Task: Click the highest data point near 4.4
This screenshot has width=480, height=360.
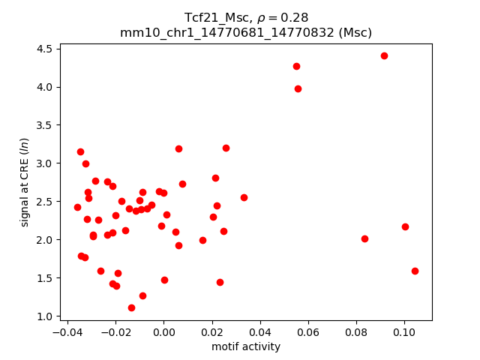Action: (x=384, y=55)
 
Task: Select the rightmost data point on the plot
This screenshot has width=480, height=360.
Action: (x=415, y=271)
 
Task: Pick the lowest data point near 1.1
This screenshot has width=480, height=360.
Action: (x=131, y=307)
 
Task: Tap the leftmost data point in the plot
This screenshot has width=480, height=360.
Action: (x=77, y=207)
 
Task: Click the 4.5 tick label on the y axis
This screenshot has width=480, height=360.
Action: (x=43, y=49)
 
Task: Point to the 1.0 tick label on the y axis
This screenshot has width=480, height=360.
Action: (x=43, y=316)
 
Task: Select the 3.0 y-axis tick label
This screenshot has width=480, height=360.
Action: (x=43, y=163)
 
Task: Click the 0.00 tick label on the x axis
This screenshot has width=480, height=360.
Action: (x=163, y=331)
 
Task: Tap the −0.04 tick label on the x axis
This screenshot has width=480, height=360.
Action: (x=66, y=331)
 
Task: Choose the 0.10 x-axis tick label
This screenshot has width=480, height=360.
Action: (x=404, y=331)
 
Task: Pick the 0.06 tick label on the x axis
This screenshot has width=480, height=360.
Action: (x=308, y=331)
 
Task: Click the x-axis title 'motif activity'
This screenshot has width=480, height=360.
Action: (x=246, y=346)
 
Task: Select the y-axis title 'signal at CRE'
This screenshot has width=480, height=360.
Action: (x=25, y=182)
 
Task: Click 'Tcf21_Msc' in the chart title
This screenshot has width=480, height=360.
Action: (x=214, y=17)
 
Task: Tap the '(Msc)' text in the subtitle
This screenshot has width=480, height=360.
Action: (x=355, y=32)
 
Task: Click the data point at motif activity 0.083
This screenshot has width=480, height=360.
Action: (x=364, y=238)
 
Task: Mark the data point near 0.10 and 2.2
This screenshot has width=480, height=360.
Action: (x=405, y=226)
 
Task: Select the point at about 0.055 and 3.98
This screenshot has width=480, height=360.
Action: (x=298, y=88)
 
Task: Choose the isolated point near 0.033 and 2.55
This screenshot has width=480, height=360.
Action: (x=244, y=197)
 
